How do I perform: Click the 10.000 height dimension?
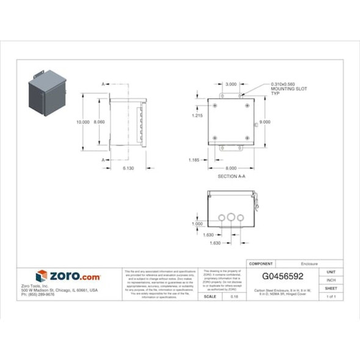(x=82, y=122)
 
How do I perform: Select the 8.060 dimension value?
(x=99, y=122)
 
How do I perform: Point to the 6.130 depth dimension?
(x=128, y=167)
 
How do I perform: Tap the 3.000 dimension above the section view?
(x=231, y=84)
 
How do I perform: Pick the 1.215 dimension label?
(x=196, y=115)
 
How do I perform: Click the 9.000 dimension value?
(x=265, y=121)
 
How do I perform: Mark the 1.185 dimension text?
(x=195, y=160)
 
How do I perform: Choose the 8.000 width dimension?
(x=231, y=167)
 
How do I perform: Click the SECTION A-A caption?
(x=231, y=176)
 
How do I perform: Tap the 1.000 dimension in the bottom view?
(x=197, y=223)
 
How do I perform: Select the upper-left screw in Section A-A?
(x=215, y=106)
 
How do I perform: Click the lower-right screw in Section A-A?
(x=247, y=138)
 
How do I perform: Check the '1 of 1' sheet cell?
(x=331, y=297)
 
